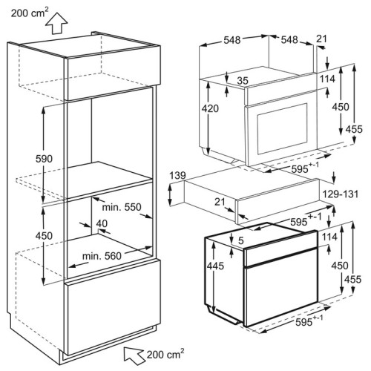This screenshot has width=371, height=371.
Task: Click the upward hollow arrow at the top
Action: pos(56,24)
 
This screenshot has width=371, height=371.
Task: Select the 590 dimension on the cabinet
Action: pos(44,159)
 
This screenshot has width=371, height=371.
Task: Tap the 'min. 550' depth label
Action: pos(122,207)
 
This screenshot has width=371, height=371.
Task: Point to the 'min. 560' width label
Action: pos(102,256)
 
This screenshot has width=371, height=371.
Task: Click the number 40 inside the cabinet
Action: pos(102,223)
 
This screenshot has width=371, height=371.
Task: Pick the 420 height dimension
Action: pos(210,108)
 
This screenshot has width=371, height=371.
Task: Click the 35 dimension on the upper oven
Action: pos(243,81)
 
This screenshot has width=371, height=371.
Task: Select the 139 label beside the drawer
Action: pos(177,176)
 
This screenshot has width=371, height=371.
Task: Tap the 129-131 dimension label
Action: pos(341,194)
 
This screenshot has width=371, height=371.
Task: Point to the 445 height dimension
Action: pos(215,266)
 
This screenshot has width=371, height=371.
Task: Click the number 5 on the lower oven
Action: pos(241,240)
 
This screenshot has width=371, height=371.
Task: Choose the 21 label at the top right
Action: pos(321,39)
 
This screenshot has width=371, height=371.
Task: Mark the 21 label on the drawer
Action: pos(220,202)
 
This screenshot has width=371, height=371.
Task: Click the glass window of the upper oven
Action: pos(282,129)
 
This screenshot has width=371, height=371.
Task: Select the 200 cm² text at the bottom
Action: pos(165,354)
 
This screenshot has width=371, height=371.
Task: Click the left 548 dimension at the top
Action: pos(232,40)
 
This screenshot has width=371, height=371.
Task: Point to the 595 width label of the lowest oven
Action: pos(309,321)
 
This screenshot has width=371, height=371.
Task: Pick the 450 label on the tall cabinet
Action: pos(44,236)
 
